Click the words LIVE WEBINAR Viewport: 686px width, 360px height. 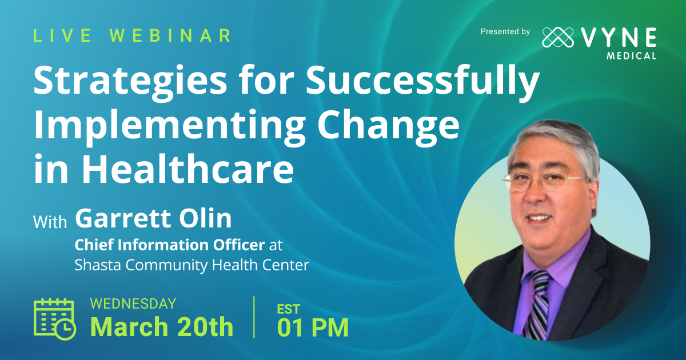tap(132, 35)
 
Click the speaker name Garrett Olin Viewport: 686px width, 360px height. tap(153, 219)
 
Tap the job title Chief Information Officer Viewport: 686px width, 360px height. tap(170, 245)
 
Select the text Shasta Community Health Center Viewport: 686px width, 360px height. tap(192, 265)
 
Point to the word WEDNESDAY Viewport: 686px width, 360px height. tap(133, 304)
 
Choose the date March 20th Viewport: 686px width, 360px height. tap(162, 327)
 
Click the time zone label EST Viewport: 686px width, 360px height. tap(289, 309)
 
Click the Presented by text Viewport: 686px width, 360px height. tap(505, 32)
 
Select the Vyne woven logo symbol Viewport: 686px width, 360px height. tap(558, 38)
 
